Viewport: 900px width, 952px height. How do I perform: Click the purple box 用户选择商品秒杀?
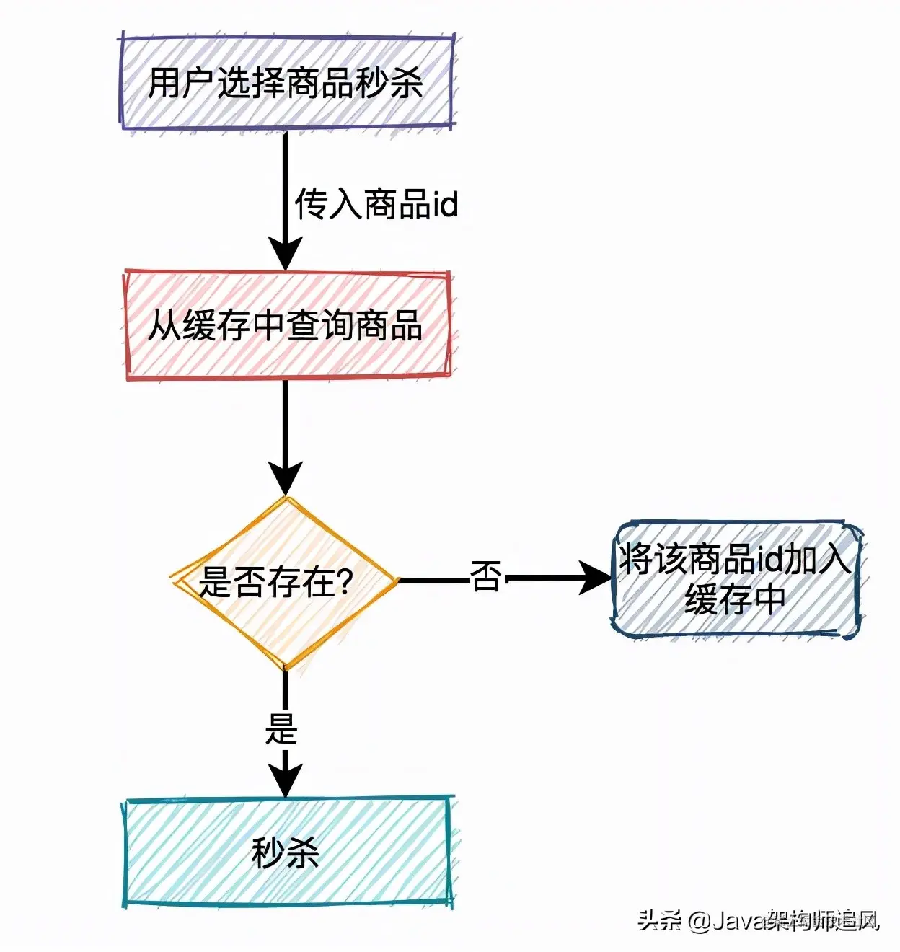286,81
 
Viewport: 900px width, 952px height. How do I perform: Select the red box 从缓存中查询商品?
287,325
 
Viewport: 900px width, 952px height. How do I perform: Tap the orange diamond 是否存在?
284,581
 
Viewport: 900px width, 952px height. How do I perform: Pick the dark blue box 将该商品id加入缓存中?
736,579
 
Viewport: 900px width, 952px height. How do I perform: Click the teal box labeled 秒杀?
287,852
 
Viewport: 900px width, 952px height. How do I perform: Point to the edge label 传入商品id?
376,204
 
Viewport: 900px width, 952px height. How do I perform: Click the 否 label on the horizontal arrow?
485,577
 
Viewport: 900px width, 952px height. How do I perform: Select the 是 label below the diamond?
281,728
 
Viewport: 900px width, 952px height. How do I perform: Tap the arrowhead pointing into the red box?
286,254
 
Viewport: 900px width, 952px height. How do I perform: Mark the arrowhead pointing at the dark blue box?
597,578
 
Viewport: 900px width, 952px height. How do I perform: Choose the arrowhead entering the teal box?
286,780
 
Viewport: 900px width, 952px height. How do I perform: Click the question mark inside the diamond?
344,581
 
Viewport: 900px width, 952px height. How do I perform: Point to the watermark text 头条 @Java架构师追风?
758,921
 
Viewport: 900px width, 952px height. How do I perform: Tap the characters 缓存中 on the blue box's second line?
735,599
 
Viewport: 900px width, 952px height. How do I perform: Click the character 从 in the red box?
164,325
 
